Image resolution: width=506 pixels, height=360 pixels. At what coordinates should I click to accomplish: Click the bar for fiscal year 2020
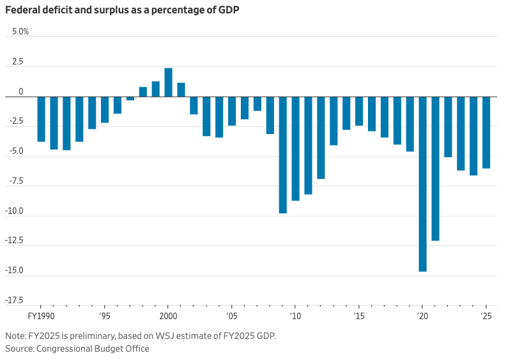click(422, 184)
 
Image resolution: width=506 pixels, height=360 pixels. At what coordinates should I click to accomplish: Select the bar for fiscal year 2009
click(282, 154)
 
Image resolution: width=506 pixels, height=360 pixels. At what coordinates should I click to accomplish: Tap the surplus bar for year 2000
click(168, 82)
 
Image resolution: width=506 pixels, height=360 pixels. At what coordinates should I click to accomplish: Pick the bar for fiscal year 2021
click(435, 169)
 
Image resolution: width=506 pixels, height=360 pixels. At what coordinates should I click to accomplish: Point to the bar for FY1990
click(41, 119)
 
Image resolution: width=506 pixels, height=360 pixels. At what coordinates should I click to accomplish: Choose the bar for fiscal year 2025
click(486, 133)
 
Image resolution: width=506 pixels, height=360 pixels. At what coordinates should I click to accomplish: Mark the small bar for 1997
click(130, 98)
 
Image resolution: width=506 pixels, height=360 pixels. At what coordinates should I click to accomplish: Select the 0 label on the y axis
click(21, 91)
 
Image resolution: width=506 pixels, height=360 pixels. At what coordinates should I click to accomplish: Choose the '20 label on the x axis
click(422, 317)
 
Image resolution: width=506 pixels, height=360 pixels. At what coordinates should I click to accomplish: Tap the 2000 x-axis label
click(168, 317)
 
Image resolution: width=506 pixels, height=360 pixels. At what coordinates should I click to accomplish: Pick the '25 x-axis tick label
click(486, 317)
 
